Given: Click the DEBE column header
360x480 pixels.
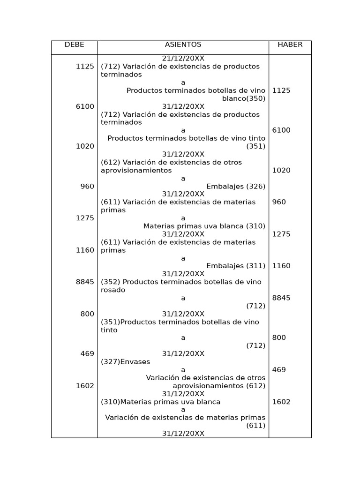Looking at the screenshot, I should (x=74, y=45).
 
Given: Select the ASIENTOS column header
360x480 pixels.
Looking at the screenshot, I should (x=183, y=45).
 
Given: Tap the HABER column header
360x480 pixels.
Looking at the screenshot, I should (x=290, y=45).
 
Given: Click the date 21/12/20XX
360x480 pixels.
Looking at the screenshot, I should (x=183, y=59).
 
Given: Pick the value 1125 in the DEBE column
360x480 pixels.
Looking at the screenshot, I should (x=85, y=67).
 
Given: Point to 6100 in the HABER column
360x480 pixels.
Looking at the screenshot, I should (x=281, y=130).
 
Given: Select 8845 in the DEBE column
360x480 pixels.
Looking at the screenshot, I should (x=85, y=282).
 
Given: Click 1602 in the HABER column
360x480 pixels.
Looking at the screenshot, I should (x=281, y=402).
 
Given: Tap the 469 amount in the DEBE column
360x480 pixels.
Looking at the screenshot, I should (x=87, y=354).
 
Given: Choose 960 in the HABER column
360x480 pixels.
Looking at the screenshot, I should (x=279, y=202).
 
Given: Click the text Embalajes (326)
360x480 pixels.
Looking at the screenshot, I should (x=236, y=187).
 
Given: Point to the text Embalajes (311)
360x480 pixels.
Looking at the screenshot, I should (x=236, y=266).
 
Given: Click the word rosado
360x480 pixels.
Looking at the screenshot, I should (x=113, y=290).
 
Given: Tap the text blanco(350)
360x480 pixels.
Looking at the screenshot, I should (x=244, y=98).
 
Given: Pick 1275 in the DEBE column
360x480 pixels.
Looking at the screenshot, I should (x=85, y=218).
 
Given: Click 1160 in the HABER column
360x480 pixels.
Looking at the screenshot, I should (x=281, y=266).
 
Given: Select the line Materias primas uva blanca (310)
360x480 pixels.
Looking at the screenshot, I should (x=204, y=226).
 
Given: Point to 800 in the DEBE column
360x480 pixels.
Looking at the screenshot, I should (x=87, y=314).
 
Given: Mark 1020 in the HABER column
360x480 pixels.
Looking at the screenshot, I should (x=281, y=171).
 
